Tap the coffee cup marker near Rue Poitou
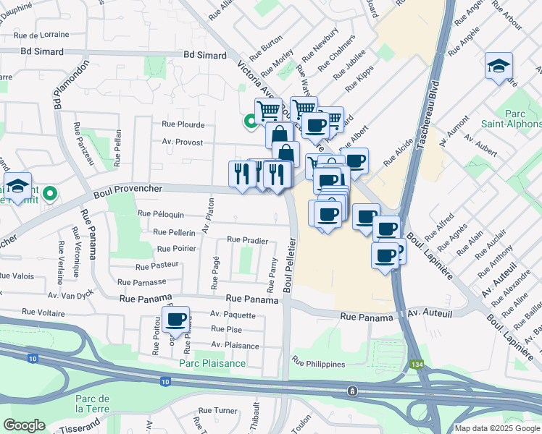175,320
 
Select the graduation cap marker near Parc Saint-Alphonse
499,67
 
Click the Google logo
25,425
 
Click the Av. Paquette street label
233,315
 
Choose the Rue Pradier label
248,239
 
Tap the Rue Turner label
217,411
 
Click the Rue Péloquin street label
159,215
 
